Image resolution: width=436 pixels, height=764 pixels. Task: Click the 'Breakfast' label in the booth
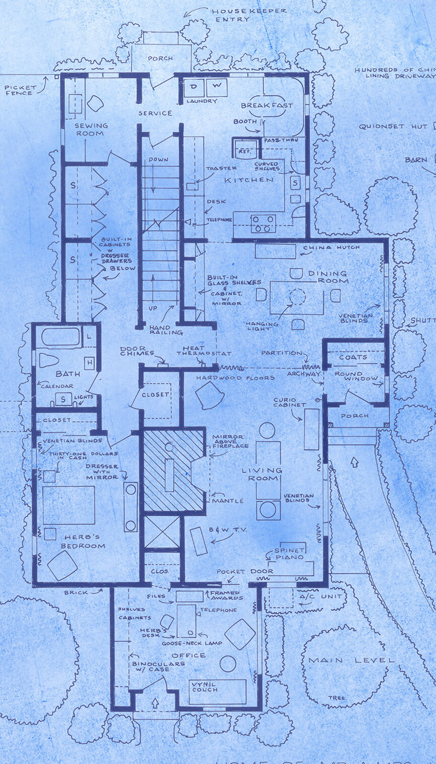[x=266, y=106]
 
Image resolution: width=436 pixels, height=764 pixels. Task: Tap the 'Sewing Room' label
[x=91, y=129]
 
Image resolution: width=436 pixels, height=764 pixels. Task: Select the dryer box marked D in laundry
[x=194, y=87]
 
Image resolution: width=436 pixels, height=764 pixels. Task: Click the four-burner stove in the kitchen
[x=263, y=223]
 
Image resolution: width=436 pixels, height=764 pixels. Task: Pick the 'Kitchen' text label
[x=249, y=180]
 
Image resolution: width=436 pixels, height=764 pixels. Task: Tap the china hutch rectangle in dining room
[x=275, y=251]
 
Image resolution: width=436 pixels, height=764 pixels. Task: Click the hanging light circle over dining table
[x=297, y=297]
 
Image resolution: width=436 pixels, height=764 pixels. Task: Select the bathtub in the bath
[x=60, y=337]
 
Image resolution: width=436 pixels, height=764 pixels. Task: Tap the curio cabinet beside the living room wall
[x=312, y=429]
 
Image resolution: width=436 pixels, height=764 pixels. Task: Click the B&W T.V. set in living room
[x=198, y=541]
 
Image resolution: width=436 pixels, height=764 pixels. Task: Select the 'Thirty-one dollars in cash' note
[x=83, y=456]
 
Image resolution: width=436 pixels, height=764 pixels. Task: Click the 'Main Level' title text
[x=351, y=660]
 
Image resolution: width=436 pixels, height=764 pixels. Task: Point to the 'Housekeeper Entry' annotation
[x=249, y=15]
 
